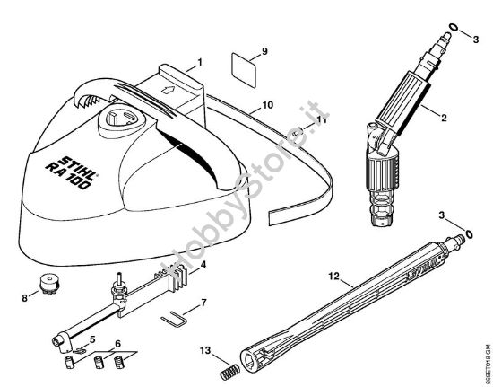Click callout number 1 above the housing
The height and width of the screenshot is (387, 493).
pos(200,61)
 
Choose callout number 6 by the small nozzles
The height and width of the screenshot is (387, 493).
pos(117,345)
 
